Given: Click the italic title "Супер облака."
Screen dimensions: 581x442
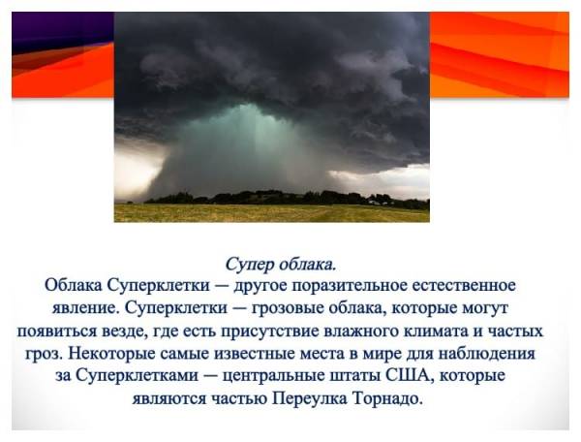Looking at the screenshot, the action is coord(281,265).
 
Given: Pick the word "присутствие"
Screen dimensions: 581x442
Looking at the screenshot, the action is coord(270,331).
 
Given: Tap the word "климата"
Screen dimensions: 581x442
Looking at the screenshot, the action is coord(431,331).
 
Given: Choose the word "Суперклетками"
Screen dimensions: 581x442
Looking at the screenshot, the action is coord(138,375).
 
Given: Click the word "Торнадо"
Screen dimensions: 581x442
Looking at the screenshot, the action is coord(388,397).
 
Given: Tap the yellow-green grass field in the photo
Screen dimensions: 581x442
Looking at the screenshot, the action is coord(271,213).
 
